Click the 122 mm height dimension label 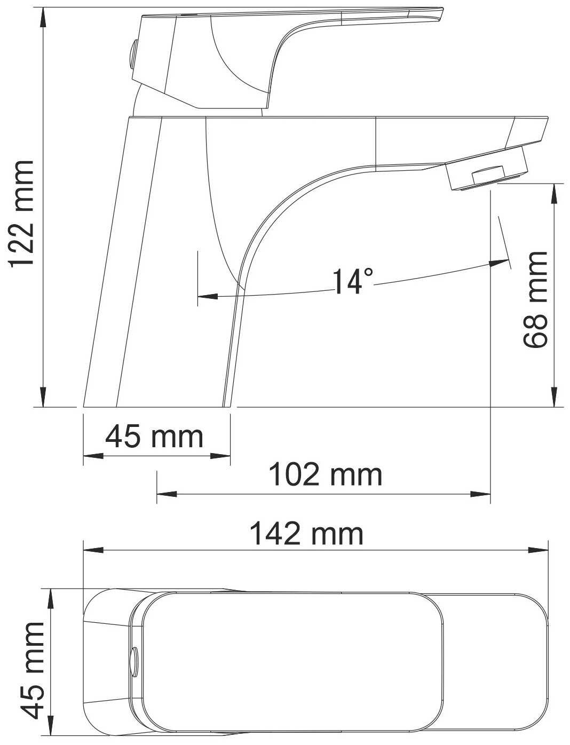click(22, 214)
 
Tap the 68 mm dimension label click(535, 300)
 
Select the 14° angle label click(353, 281)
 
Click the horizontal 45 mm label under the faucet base click(154, 437)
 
